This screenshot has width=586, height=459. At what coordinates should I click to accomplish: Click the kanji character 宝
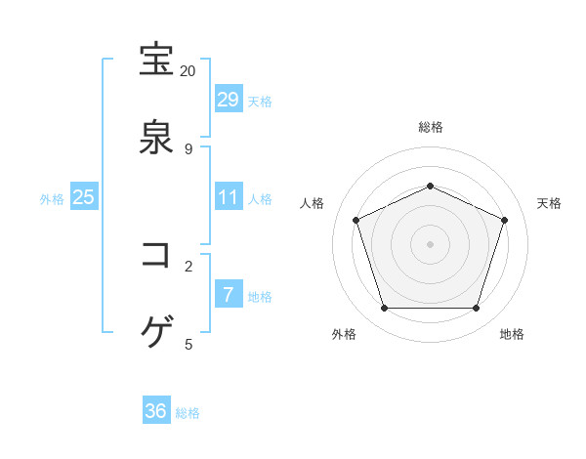pyautogui.click(x=156, y=61)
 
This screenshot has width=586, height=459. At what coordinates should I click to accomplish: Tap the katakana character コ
pyautogui.click(x=156, y=255)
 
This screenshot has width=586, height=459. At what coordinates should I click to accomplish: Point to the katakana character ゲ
pyautogui.click(x=156, y=332)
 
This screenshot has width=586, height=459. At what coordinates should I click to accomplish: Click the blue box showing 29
pyautogui.click(x=228, y=99)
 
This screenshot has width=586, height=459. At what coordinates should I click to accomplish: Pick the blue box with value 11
pyautogui.click(x=228, y=197)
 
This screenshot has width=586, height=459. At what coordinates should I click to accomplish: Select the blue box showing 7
pyautogui.click(x=228, y=294)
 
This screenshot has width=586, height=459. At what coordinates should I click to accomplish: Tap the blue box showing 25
pyautogui.click(x=84, y=197)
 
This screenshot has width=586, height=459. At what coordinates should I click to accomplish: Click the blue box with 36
pyautogui.click(x=156, y=411)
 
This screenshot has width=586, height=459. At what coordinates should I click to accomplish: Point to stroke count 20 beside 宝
pyautogui.click(x=188, y=71)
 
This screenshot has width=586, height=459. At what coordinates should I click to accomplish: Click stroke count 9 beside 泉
pyautogui.click(x=188, y=148)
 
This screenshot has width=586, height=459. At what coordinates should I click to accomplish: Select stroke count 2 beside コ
pyautogui.click(x=188, y=266)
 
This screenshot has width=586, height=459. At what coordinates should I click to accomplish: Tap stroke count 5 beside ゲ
pyautogui.click(x=188, y=343)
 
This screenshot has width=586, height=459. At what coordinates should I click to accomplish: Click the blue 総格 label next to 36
pyautogui.click(x=188, y=413)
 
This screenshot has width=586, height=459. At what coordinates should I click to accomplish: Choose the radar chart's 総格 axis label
pyautogui.click(x=430, y=127)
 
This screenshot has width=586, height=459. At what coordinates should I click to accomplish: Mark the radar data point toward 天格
pyautogui.click(x=505, y=220)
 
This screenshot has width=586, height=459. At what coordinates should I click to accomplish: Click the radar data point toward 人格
pyautogui.click(x=356, y=220)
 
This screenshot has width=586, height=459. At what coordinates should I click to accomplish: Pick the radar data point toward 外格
pyautogui.click(x=384, y=309)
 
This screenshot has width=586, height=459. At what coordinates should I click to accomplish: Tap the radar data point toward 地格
pyautogui.click(x=476, y=309)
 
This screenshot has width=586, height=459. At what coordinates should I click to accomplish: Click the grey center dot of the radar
pyautogui.click(x=430, y=244)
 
